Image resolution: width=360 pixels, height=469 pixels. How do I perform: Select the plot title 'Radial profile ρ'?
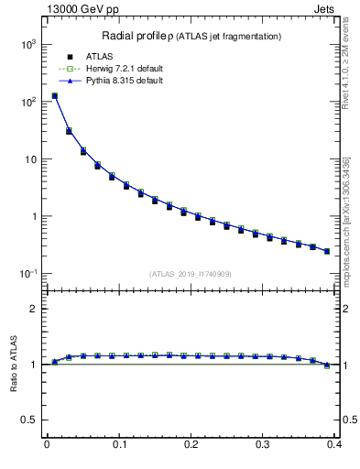[143, 36]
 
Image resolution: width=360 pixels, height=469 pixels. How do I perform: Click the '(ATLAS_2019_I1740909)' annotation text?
[191, 274]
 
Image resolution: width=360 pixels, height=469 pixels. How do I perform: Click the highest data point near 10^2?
[54, 95]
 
